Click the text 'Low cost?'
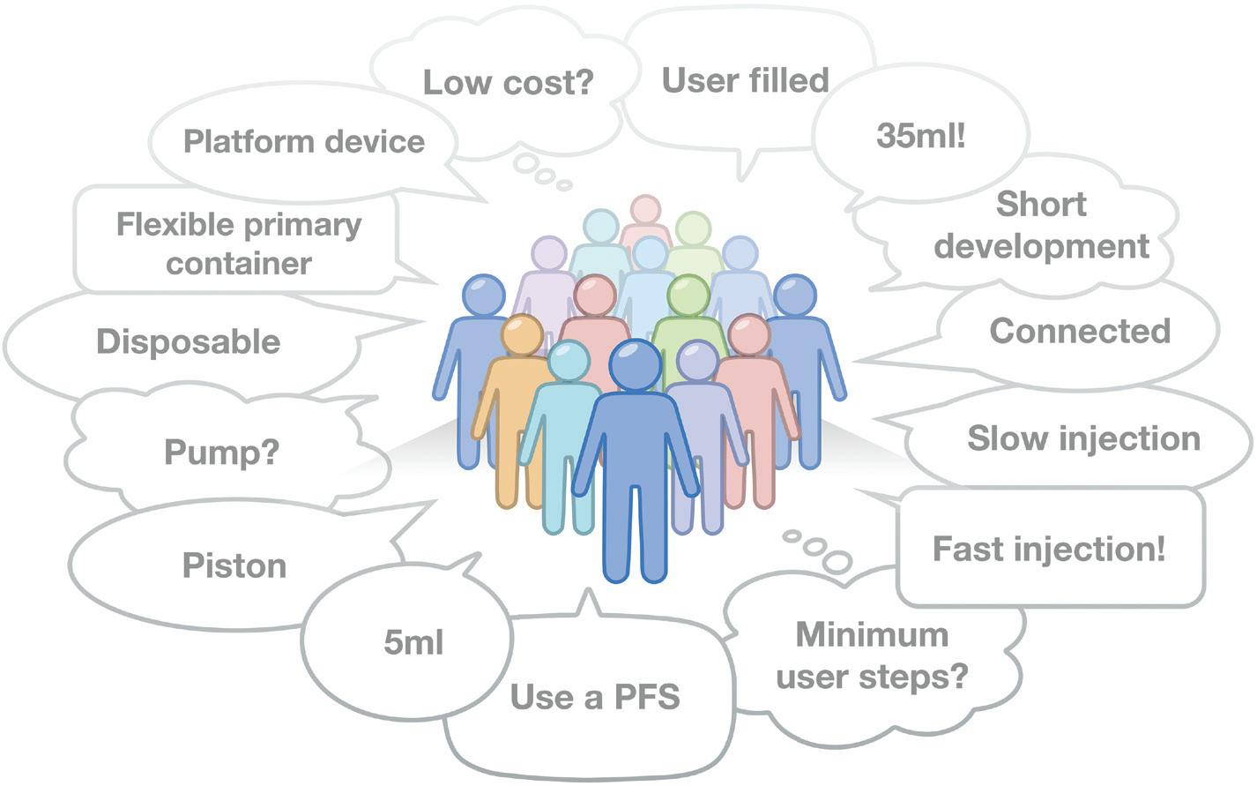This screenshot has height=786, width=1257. pyautogui.click(x=509, y=82)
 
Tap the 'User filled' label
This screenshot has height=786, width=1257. pyautogui.click(x=745, y=79)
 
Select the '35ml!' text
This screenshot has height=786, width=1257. pyautogui.click(x=921, y=137)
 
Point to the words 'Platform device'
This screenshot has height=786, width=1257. pyautogui.click(x=303, y=141)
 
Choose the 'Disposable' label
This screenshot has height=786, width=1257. pyautogui.click(x=188, y=341)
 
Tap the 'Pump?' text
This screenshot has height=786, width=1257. pyautogui.click(x=221, y=453)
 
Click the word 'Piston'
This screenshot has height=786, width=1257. pyautogui.click(x=234, y=565)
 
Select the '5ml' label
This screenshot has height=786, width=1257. pyautogui.click(x=413, y=643)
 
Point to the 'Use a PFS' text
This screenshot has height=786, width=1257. pyautogui.click(x=595, y=697)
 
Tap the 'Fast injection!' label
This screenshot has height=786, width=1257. pyautogui.click(x=1049, y=549)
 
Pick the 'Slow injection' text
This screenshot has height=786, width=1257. pyautogui.click(x=1083, y=438)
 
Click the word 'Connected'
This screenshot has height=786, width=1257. pyautogui.click(x=1080, y=331)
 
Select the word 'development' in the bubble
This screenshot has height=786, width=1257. pyautogui.click(x=1041, y=246)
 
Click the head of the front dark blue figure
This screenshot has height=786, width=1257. pyautogui.click(x=635, y=364)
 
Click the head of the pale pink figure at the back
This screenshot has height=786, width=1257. pyautogui.click(x=644, y=211)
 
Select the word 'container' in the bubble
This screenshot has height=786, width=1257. pyautogui.click(x=239, y=264)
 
